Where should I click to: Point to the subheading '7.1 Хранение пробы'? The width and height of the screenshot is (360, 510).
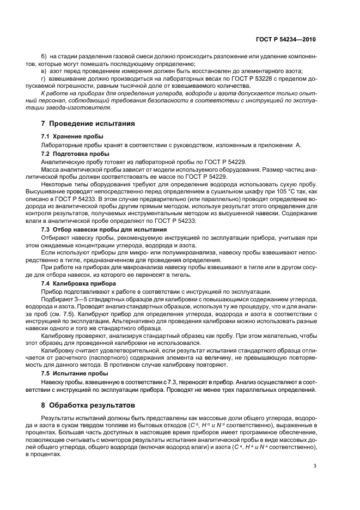[x=72, y=136]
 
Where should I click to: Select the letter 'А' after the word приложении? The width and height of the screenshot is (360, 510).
[x=297, y=144]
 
